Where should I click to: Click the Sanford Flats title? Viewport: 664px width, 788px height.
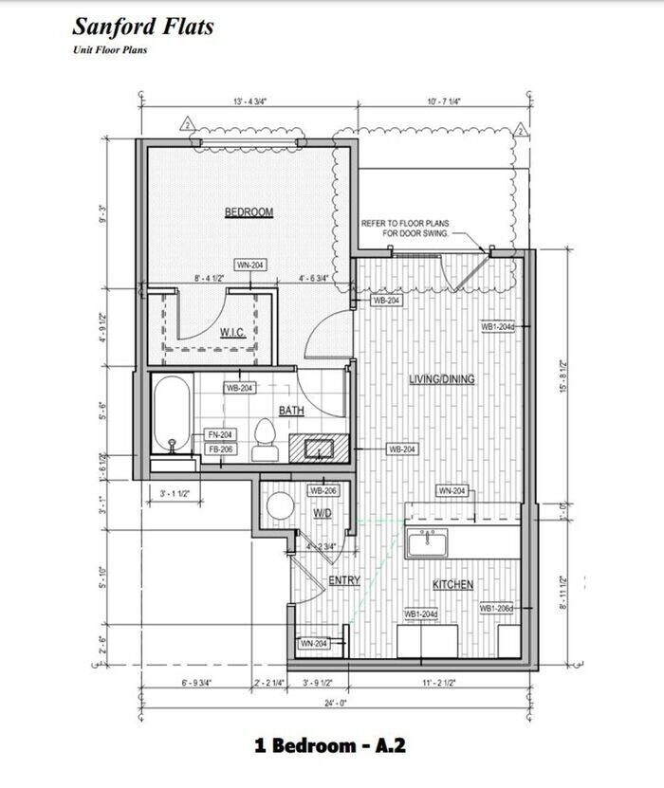tap(143, 26)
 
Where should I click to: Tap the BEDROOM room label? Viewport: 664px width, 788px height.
tap(249, 212)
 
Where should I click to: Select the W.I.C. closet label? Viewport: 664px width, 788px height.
tap(233, 332)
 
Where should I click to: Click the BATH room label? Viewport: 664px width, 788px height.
tap(290, 411)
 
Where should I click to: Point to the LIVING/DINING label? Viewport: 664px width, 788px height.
tap(441, 379)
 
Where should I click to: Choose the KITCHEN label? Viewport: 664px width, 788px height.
tap(452, 585)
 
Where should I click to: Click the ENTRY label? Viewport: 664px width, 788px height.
tap(343, 580)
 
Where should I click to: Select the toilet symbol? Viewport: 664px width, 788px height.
tap(266, 441)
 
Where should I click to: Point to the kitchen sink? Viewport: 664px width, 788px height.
tap(429, 543)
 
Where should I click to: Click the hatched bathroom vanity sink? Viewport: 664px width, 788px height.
tap(316, 447)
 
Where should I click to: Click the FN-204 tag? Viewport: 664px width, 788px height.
tap(220, 434)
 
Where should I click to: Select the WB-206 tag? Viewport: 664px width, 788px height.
tap(323, 491)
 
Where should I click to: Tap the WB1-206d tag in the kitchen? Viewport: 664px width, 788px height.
tap(496, 608)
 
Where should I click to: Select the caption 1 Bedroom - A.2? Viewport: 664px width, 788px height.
tap(330, 745)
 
